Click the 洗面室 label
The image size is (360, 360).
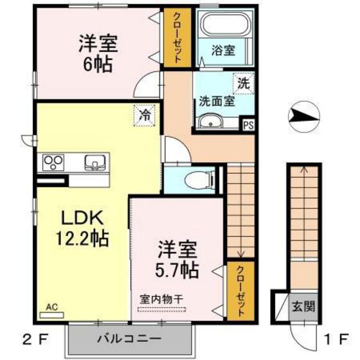[215, 101]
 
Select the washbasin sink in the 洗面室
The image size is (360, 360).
[210, 122]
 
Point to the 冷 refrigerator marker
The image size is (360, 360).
[145, 116]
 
